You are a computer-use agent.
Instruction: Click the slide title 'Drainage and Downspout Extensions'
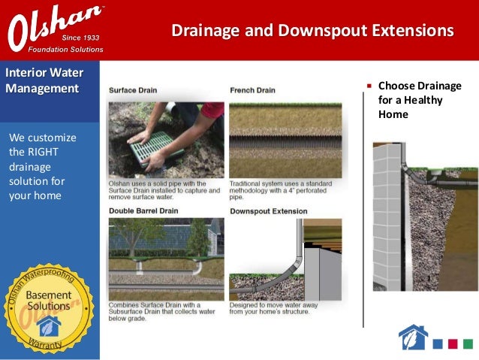click(312, 31)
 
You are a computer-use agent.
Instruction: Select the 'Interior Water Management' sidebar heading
click(44, 81)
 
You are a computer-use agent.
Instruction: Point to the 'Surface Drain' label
click(133, 90)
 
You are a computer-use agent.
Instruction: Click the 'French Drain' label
click(252, 90)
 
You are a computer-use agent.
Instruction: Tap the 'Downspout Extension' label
click(268, 211)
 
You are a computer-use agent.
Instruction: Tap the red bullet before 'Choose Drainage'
click(369, 86)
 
